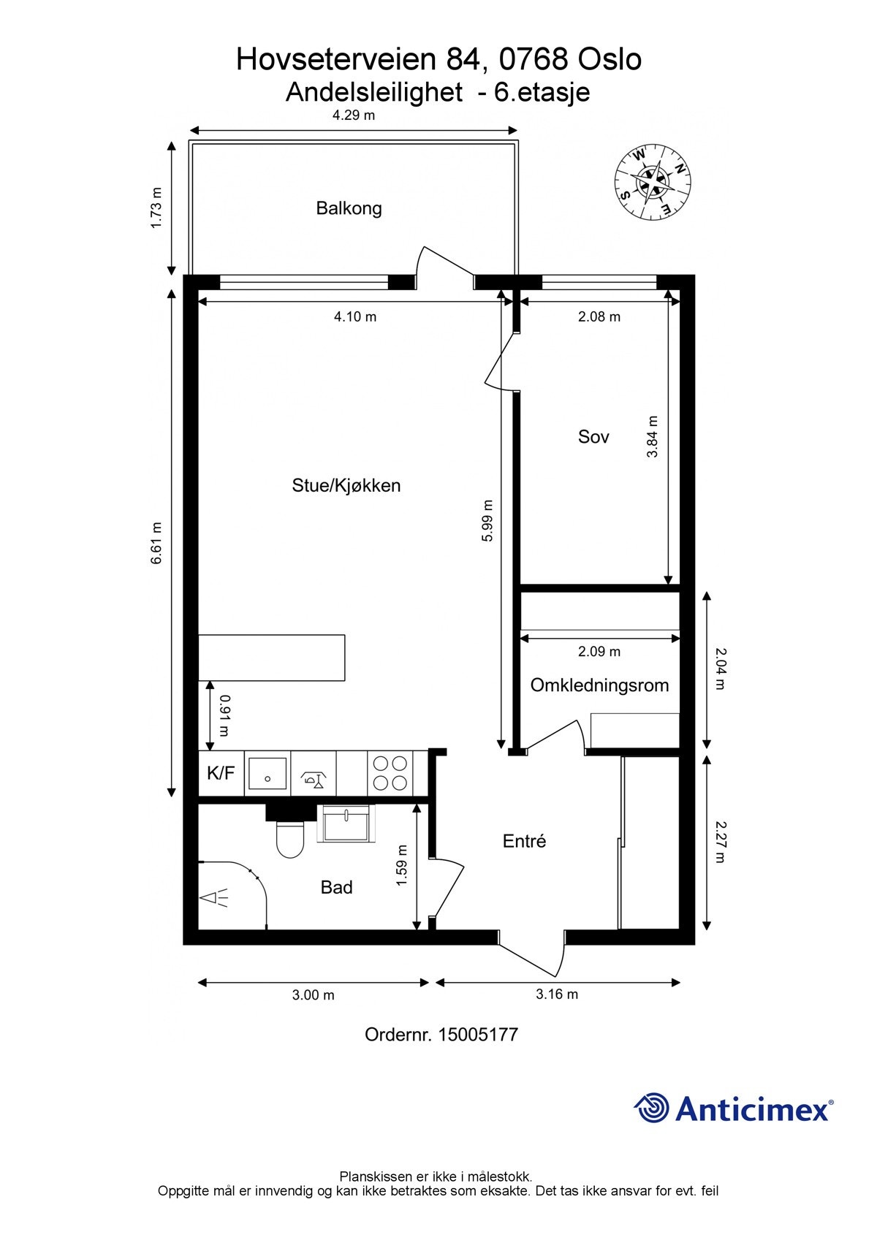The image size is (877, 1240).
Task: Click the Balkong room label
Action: coord(349,208)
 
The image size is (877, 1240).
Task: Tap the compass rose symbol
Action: coord(652,182)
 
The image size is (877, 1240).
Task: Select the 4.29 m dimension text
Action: coord(354,115)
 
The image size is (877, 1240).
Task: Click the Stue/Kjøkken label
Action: coord(346,485)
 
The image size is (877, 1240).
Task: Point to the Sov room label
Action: coord(593,437)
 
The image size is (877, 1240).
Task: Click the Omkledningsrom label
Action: coord(599,685)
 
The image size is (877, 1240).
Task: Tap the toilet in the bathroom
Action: coord(290,838)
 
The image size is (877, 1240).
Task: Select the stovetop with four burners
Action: coord(390,773)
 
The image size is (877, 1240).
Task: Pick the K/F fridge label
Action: coord(221,772)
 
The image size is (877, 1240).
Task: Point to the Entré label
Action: coord(524,841)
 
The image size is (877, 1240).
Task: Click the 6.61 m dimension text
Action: coord(156,542)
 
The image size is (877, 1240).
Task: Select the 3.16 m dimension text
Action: coord(557,994)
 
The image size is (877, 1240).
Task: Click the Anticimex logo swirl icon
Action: coord(651,1108)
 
